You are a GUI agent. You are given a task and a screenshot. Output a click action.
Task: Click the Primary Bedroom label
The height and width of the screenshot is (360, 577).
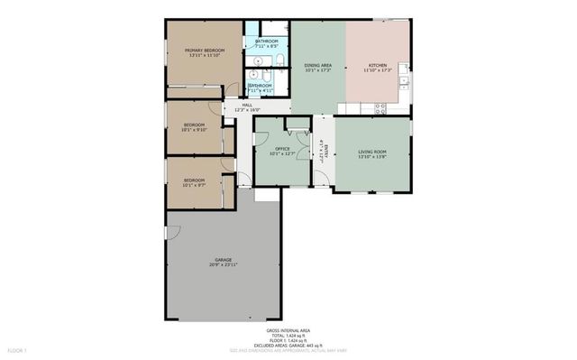tap(204, 51)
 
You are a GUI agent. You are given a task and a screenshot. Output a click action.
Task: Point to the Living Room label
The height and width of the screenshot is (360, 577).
tap(372, 152)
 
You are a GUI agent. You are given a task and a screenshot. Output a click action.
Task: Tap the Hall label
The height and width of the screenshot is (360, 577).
tap(247, 104)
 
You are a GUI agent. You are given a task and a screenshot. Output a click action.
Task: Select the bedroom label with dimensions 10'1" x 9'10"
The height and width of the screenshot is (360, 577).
tap(195, 125)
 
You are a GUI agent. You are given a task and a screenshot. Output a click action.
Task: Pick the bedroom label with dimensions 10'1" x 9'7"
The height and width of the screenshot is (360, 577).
tap(195, 180)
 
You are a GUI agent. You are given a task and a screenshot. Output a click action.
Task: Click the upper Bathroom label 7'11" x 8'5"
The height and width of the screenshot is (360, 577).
tap(266, 42)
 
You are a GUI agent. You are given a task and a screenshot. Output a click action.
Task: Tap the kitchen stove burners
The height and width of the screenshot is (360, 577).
tap(380, 108)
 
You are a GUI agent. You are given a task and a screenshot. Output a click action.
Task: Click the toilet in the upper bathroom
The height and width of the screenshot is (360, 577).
tap(279, 60)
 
